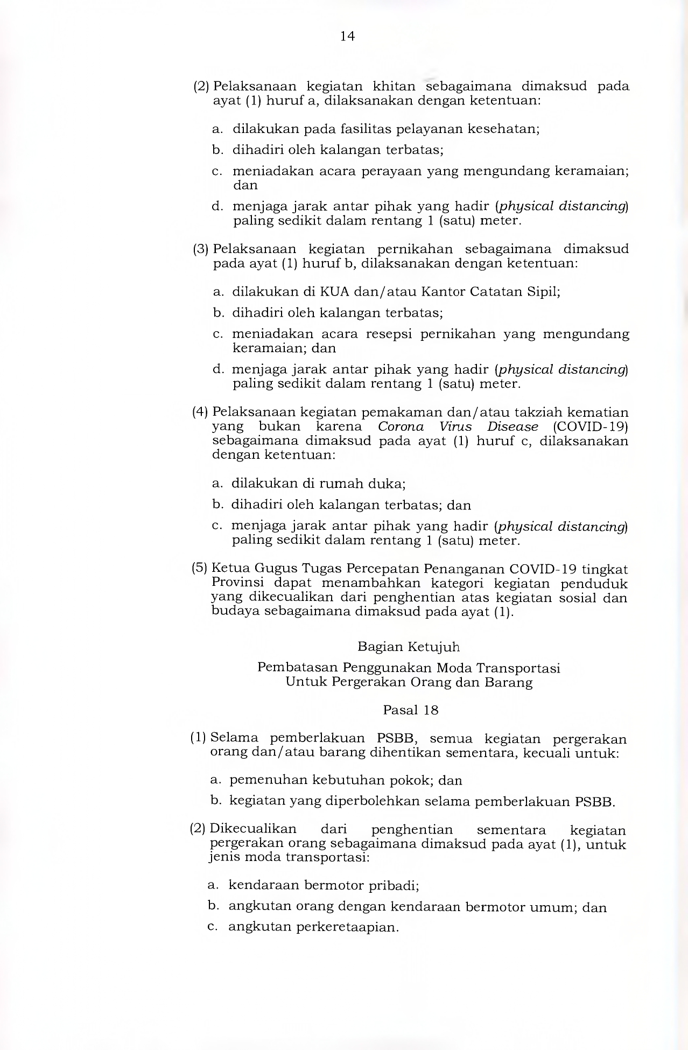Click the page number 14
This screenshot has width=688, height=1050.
coord(347,36)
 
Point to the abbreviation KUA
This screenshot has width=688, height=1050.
coord(334,292)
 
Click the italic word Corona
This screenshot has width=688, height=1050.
coord(401,427)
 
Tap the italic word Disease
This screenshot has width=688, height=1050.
coord(513,427)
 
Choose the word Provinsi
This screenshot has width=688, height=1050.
coord(237,583)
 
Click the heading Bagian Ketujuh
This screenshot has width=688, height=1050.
coord(409,647)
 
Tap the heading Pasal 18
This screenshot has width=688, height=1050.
coord(411,710)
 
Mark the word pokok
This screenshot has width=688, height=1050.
coord(411,781)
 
